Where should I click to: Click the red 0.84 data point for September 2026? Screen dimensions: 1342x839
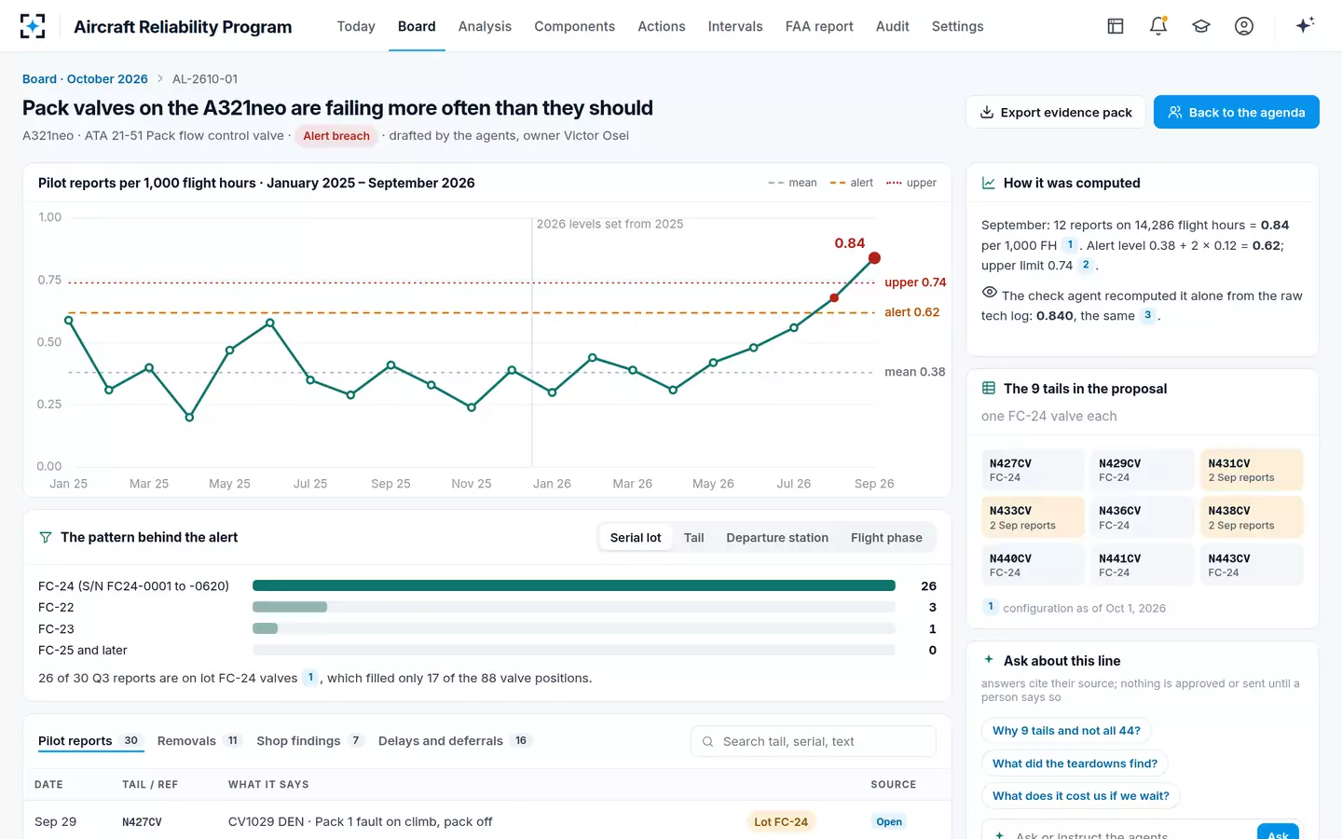(874, 258)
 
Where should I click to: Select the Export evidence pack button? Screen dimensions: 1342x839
(1056, 112)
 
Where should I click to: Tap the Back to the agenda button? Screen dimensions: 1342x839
(1236, 112)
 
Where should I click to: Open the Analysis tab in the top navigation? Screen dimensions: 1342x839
(485, 26)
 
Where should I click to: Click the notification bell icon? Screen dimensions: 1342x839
(1158, 26)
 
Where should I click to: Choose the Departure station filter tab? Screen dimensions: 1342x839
(777, 538)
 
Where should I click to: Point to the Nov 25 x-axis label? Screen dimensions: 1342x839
(471, 484)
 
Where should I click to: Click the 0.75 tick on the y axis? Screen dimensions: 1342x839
(49, 280)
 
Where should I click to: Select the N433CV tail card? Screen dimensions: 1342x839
(1033, 517)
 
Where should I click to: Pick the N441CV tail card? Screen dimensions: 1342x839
(1142, 565)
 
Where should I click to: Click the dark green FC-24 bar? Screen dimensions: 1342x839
(574, 585)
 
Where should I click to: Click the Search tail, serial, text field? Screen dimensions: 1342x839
(813, 741)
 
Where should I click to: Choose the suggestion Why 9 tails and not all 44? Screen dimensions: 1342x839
(1066, 731)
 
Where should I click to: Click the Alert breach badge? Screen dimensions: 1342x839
(336, 136)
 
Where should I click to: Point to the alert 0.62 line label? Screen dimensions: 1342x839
(911, 312)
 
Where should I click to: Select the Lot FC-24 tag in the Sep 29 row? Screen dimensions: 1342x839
(781, 821)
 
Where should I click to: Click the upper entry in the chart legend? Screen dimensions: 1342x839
(911, 183)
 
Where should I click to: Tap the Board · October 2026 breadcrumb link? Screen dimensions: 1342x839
(85, 79)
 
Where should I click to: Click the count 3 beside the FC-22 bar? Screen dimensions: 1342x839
(932, 607)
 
